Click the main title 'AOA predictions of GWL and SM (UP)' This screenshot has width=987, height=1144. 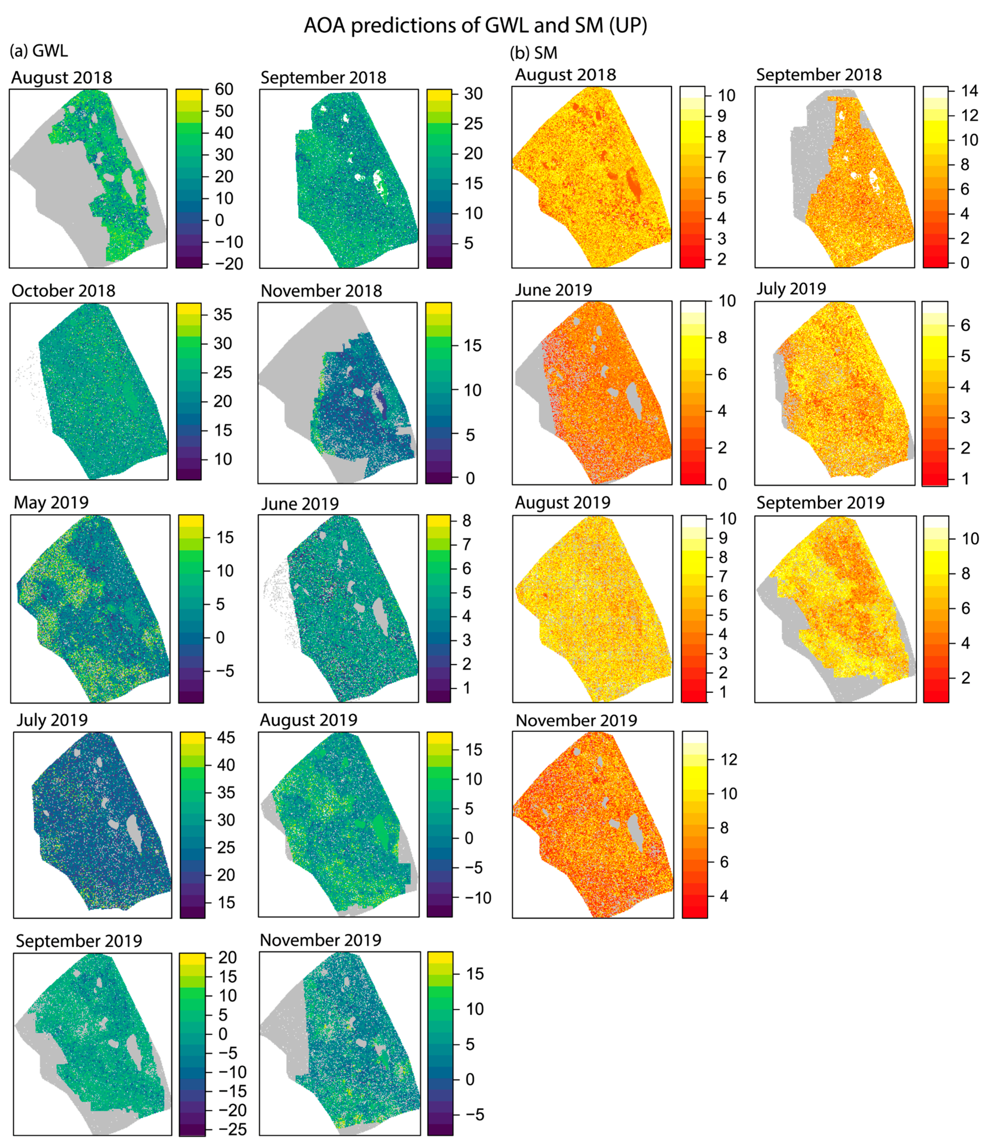[x=475, y=26]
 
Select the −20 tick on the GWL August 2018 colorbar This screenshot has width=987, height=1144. [x=229, y=264]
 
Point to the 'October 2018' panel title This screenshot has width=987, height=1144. [x=64, y=291]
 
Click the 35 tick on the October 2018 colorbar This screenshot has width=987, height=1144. [x=222, y=315]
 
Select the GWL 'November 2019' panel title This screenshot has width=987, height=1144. [x=320, y=940]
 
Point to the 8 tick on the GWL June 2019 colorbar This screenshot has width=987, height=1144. [x=467, y=521]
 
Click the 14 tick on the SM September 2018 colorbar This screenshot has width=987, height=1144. [x=969, y=91]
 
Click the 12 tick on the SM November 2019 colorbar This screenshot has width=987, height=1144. [x=728, y=760]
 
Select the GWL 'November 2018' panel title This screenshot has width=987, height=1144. [x=321, y=291]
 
